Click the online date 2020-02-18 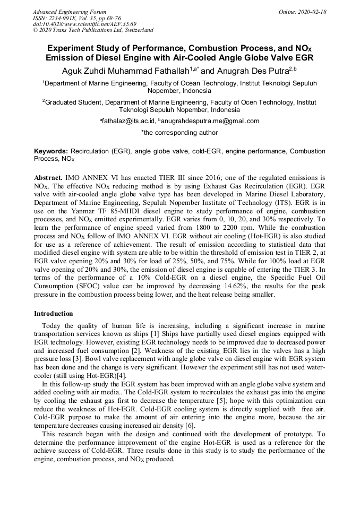pyautogui.click(x=312, y=12)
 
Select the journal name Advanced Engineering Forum pyautogui.click(x=69, y=12)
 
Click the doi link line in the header pyautogui.click(x=84, y=24)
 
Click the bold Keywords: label pyautogui.click(x=51, y=151)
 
